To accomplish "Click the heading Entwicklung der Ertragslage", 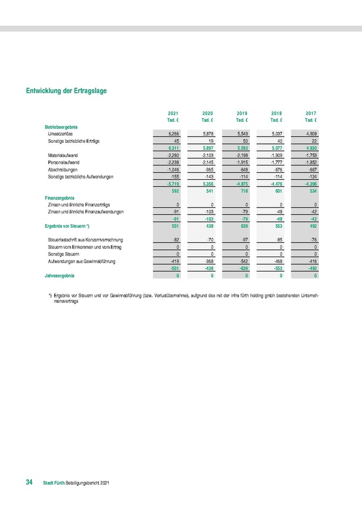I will (67, 91).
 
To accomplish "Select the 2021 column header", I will (174, 114).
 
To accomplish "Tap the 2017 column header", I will (311, 114).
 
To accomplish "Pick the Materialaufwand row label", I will (64, 155).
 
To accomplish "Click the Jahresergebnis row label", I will (59, 275).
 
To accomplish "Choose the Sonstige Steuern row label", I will (63, 254).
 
